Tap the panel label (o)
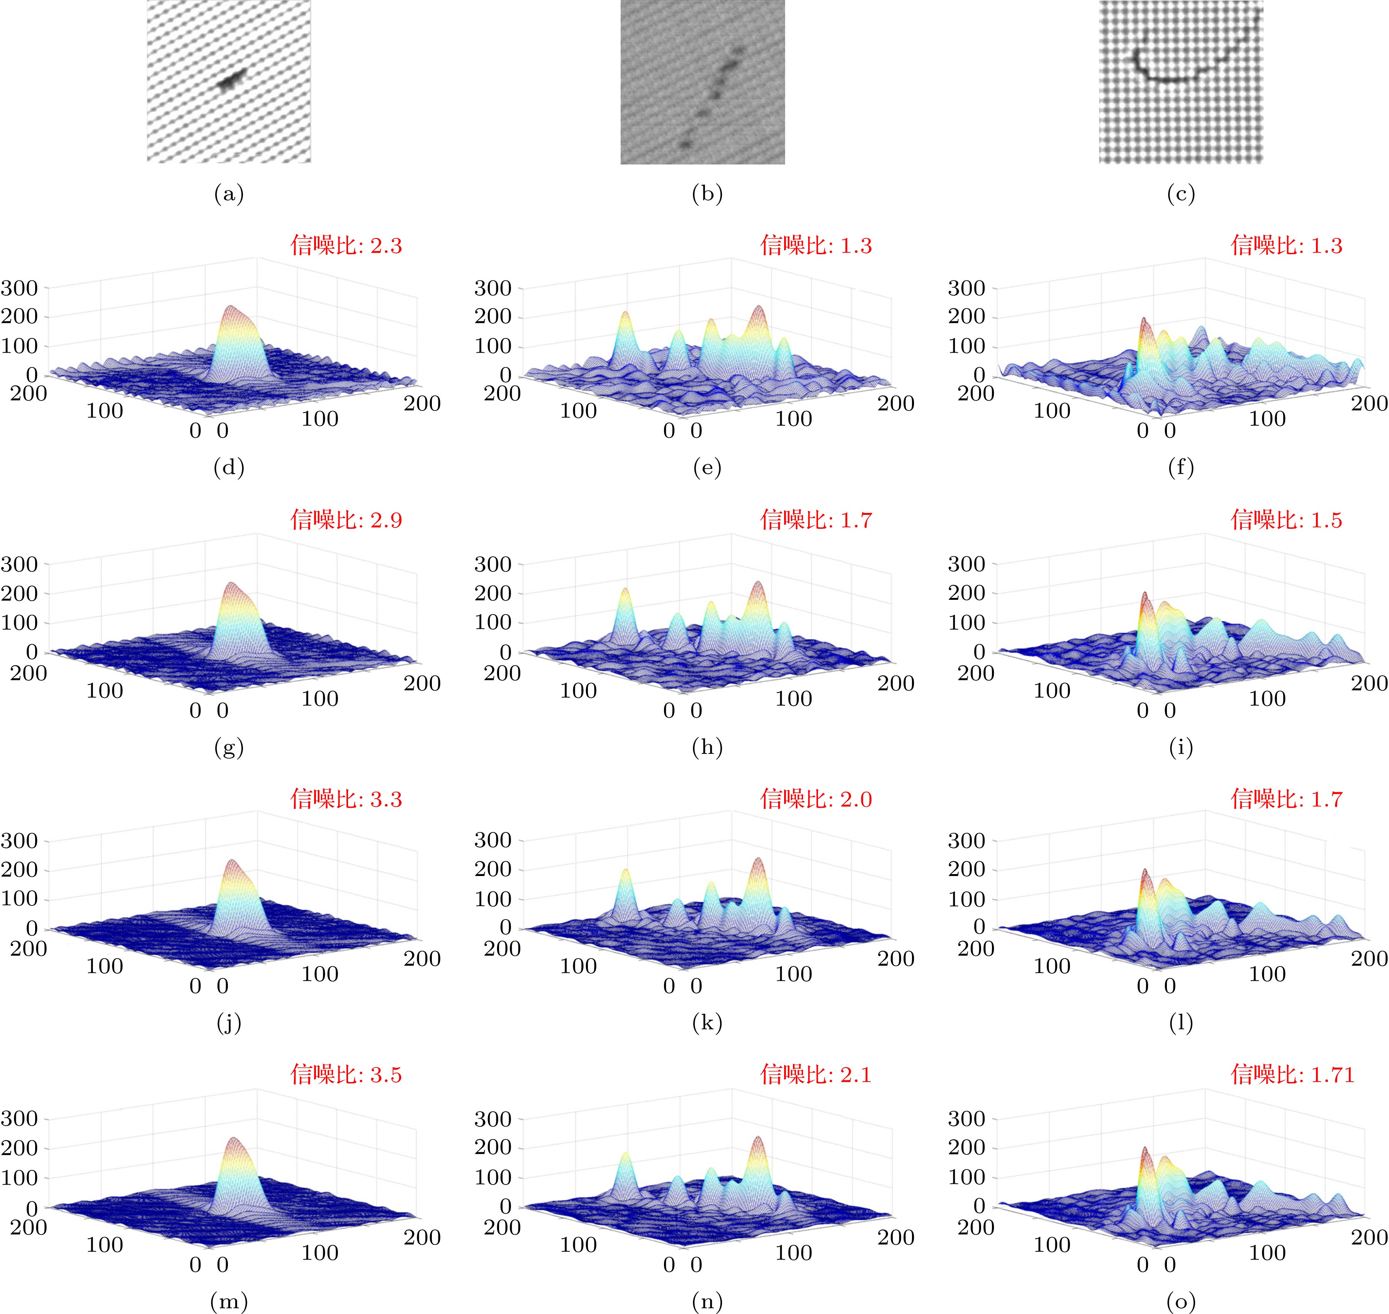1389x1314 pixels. (1181, 1301)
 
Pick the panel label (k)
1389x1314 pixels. (707, 1023)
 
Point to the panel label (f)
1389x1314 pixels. (1181, 468)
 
